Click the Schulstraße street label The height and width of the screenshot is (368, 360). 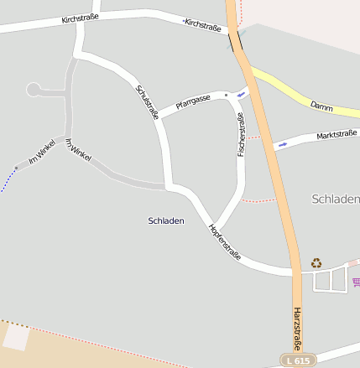147,101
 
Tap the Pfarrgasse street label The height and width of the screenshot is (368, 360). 193,102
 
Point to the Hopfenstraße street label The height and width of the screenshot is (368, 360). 225,243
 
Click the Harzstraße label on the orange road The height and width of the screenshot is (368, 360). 298,328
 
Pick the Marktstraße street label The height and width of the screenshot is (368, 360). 337,135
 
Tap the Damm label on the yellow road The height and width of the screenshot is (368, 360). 321,106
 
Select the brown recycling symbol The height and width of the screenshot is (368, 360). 316,262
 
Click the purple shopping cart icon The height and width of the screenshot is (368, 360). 356,282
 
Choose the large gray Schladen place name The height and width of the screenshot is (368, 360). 335,199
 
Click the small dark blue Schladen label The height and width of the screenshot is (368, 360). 165,220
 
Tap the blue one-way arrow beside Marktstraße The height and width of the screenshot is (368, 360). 282,144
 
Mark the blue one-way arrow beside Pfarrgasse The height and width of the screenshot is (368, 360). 242,94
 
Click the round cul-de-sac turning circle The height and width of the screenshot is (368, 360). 34,89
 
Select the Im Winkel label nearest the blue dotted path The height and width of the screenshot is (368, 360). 41,152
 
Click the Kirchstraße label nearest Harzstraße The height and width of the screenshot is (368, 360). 203,25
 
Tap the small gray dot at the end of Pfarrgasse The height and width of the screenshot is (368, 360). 226,96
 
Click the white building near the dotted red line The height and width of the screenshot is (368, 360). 16,336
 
